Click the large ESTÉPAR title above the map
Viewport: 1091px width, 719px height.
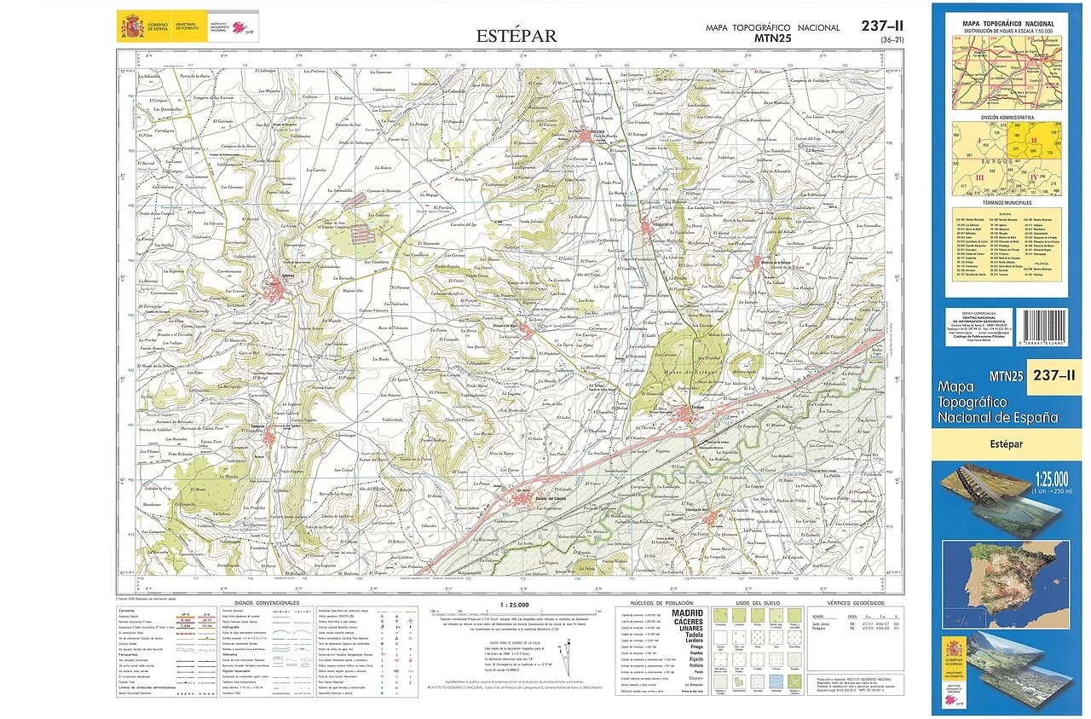[516, 36]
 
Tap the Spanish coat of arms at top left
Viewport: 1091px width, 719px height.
[132, 26]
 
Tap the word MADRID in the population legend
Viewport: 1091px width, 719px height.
[689, 612]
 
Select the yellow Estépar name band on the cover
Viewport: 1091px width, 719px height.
[1006, 444]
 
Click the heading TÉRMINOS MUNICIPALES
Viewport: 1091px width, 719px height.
[1007, 203]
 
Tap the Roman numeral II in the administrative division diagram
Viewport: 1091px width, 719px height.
[1034, 141]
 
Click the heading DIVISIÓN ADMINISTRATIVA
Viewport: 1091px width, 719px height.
[1007, 117]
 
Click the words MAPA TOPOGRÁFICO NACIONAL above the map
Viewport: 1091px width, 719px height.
[772, 27]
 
